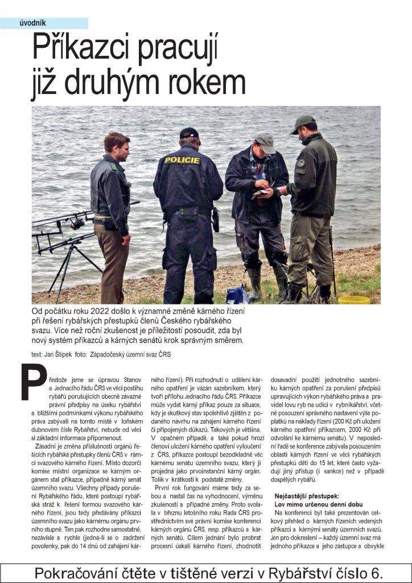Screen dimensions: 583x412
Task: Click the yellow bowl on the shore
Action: (x=354, y=299)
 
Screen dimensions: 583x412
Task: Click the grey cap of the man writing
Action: (x=264, y=139)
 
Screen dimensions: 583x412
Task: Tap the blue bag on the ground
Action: (x=237, y=295)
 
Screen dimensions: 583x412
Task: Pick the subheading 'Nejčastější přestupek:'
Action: (x=307, y=496)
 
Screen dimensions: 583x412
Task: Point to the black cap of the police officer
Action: (x=188, y=133)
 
